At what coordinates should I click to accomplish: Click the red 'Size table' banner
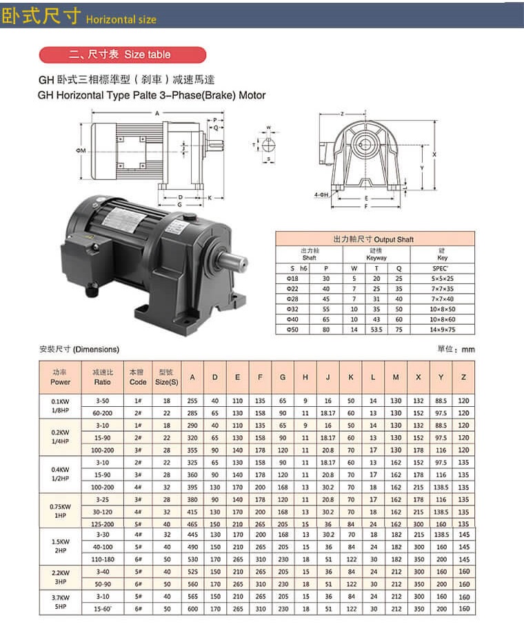(122, 54)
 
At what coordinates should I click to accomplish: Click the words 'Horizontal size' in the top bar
(121, 19)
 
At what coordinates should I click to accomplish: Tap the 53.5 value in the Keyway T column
(376, 330)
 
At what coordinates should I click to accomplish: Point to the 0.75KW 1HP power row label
(61, 511)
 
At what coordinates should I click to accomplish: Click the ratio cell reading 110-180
(103, 559)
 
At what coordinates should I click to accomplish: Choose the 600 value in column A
(192, 609)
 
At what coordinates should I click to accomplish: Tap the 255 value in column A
(192, 400)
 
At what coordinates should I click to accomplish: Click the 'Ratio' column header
(103, 377)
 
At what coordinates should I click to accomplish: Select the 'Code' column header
(138, 377)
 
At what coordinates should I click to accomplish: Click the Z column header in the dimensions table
(463, 377)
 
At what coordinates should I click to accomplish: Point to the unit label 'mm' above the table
(468, 350)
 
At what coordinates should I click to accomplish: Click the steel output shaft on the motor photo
(234, 262)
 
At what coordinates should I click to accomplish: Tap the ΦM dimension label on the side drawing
(81, 150)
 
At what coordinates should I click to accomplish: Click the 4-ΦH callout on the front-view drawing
(321, 195)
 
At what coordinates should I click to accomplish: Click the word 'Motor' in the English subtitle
(250, 95)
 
